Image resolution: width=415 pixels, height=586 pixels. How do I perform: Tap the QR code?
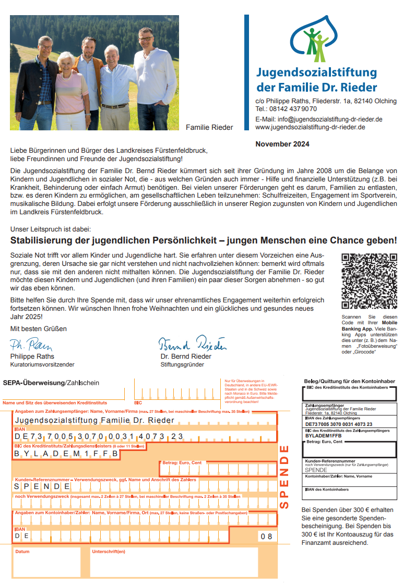(369, 281)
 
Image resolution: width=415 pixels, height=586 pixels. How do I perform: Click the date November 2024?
(282, 144)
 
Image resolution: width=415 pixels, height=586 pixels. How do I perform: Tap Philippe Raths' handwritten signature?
(31, 345)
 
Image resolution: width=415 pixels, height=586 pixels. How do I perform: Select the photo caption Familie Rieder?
(209, 127)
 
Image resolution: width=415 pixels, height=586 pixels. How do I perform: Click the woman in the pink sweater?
(71, 89)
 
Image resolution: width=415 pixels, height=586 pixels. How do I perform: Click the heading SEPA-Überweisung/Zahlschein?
(51, 383)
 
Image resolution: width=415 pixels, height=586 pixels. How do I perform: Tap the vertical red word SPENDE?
(284, 476)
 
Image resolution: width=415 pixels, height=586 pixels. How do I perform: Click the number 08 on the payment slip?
(266, 536)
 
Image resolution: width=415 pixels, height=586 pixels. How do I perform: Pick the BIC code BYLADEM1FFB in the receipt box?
(323, 435)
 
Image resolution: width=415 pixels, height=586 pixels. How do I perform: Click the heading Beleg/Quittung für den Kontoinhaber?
(350, 382)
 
